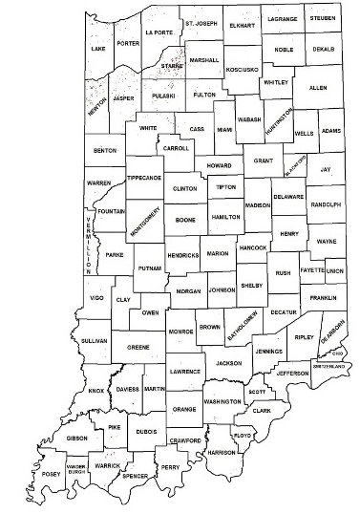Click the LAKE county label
pos(97,47)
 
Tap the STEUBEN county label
pos(321,17)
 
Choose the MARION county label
pos(218,253)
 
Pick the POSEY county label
pos(51,475)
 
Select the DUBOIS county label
pos(146,431)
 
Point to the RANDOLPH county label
pos(326,204)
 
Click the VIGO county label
pos(95,299)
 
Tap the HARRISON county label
pos(221,452)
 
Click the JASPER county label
pos(122,97)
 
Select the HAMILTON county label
pos(225,218)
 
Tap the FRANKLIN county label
pos(323,298)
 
